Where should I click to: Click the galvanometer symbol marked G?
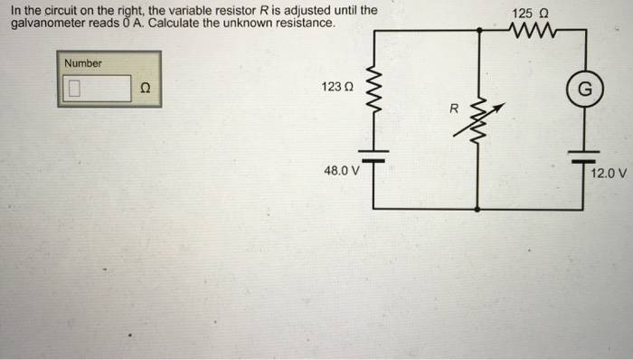tap(584, 89)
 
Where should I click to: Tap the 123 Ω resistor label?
tap(336, 86)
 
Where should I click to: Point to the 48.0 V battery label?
tap(341, 169)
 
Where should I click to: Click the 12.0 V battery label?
tap(608, 171)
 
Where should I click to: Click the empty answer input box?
tap(98, 89)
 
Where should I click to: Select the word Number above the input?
tap(83, 63)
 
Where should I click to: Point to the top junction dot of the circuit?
tap(477, 31)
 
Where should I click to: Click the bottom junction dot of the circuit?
tap(477, 209)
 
